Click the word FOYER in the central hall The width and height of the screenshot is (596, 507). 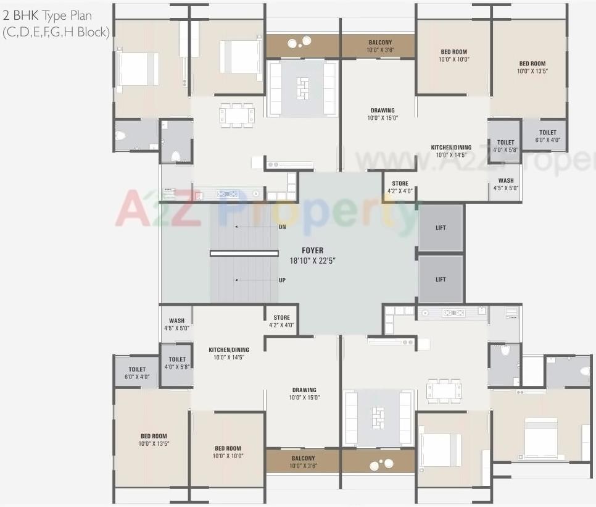coord(312,251)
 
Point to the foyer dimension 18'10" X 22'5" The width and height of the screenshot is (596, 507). coord(312,261)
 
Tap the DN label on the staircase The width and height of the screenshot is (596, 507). coord(282,227)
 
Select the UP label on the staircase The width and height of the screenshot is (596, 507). coord(282,280)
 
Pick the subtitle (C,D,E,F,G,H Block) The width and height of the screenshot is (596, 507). coord(56,32)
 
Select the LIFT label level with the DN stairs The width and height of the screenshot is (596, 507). coord(441,228)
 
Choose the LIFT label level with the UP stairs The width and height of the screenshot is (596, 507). coord(441,280)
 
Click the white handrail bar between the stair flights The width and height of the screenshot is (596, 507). coord(244,253)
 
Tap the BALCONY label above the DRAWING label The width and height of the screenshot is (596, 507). coord(380,43)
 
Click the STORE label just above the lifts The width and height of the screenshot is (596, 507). coord(400,184)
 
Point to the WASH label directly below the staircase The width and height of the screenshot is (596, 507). coord(176,321)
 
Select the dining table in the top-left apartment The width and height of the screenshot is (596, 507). coord(237,115)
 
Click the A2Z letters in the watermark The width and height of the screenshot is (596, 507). coord(157,209)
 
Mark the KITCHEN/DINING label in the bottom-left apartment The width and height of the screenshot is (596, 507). coord(228,350)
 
